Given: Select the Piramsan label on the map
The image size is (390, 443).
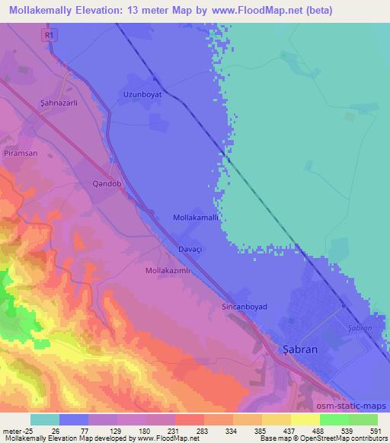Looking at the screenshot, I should (x=21, y=153).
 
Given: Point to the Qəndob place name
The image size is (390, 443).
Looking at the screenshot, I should (x=106, y=184).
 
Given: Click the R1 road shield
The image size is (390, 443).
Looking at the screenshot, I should (x=51, y=34).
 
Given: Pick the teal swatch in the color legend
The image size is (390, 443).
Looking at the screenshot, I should (x=45, y=419).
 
